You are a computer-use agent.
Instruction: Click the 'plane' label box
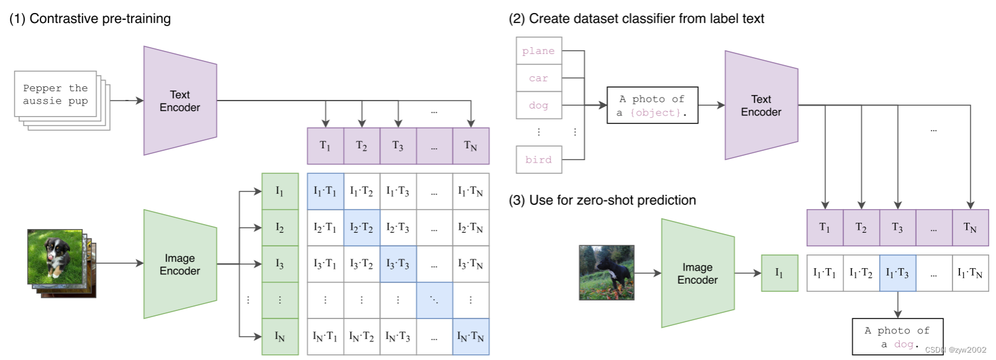(539, 51)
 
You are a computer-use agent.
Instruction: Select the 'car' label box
(539, 78)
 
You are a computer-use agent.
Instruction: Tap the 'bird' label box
(539, 160)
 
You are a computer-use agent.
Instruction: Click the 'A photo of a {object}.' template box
(652, 106)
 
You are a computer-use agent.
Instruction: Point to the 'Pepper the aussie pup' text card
(56, 94)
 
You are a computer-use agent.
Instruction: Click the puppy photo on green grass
(55, 257)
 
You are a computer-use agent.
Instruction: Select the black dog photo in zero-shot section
(606, 272)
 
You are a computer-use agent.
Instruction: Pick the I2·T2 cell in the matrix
(362, 228)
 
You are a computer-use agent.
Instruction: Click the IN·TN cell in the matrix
(471, 337)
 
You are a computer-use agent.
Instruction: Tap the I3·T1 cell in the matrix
(325, 264)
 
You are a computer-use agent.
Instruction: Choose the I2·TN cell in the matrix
(471, 228)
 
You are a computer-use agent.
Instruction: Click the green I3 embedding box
(280, 264)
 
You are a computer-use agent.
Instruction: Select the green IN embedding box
(280, 337)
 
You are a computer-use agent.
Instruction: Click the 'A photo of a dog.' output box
(898, 337)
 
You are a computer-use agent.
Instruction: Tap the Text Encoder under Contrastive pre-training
(180, 101)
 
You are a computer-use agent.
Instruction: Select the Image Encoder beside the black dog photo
(698, 273)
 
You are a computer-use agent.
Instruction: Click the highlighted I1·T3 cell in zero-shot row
(898, 273)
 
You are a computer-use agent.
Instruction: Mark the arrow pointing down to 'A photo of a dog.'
(898, 305)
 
